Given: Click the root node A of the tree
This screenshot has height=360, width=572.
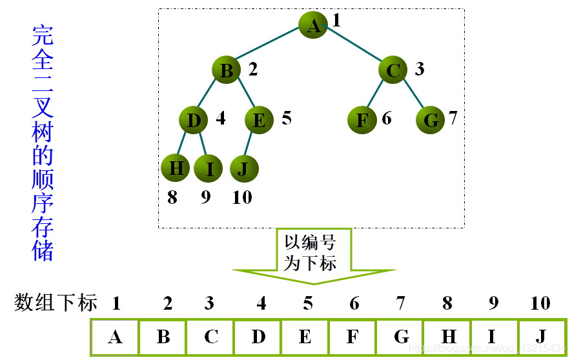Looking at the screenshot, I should (313, 25).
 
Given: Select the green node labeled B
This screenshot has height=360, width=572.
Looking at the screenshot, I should (227, 70).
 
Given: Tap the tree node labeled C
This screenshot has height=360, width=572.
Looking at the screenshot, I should (394, 70).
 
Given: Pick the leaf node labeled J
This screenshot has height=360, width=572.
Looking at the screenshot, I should (243, 169).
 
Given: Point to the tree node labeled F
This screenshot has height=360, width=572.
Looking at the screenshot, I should (362, 120).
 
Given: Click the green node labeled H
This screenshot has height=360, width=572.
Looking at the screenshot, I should (176, 168).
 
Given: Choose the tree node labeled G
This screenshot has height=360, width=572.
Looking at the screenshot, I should (430, 121).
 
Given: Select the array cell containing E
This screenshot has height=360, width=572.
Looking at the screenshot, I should (305, 337).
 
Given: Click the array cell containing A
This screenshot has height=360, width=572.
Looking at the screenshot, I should (115, 337).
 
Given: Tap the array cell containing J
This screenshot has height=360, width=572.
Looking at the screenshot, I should (541, 337).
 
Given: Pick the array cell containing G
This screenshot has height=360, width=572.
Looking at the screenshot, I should (400, 337).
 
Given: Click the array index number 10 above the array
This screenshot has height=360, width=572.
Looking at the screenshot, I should (540, 303).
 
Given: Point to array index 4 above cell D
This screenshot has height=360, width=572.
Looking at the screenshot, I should (261, 303).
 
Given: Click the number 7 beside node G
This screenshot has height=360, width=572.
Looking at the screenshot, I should (453, 118).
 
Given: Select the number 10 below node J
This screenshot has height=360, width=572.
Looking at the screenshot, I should (242, 197).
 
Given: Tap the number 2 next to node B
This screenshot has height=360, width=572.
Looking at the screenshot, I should (253, 69).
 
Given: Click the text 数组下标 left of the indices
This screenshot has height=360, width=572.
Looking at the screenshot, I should (56, 303).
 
